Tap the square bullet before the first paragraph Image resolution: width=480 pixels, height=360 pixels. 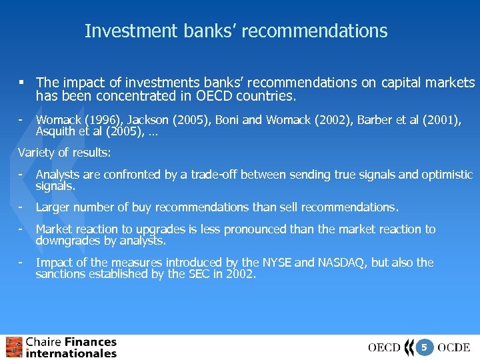pyautogui.click(x=22, y=83)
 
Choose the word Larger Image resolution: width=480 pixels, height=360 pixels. pyautogui.click(x=54, y=207)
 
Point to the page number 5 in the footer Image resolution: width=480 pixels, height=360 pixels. pyautogui.click(x=424, y=347)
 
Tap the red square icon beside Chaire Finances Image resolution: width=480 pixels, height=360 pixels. pyautogui.click(x=14, y=347)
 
